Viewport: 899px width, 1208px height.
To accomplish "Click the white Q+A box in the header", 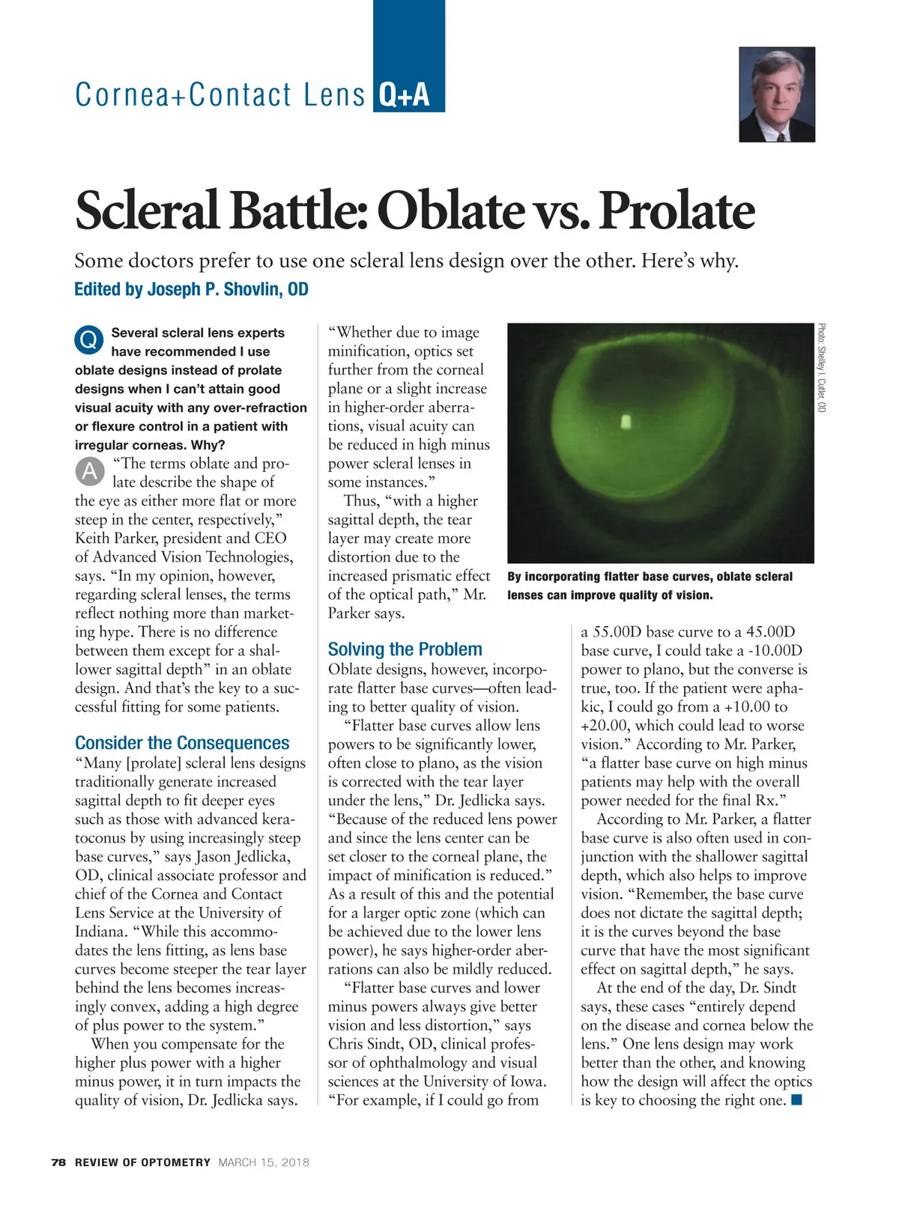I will click(x=405, y=95).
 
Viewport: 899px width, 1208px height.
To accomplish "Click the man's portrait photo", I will click(x=776, y=94).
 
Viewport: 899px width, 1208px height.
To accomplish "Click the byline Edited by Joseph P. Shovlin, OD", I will click(x=191, y=289).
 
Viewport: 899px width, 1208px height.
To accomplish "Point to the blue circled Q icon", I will click(x=88, y=340).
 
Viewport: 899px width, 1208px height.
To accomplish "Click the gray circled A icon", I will click(x=89, y=471).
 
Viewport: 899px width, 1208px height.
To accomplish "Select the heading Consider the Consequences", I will click(x=182, y=743).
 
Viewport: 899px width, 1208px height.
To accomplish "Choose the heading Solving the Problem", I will click(x=405, y=649).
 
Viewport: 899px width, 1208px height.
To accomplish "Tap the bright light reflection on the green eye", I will click(x=626, y=421).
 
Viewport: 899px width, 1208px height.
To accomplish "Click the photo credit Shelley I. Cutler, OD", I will click(x=822, y=368).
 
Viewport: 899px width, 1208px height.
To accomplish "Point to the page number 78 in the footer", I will click(x=58, y=1162).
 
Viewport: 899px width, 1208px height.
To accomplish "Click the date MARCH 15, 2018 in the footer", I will click(x=264, y=1162).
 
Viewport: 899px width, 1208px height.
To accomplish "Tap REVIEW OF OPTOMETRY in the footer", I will click(x=142, y=1162).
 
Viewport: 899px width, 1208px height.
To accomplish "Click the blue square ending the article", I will click(x=796, y=1099).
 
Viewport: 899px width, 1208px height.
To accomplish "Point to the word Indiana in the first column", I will click(x=102, y=932).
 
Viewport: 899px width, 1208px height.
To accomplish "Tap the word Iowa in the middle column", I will click(x=527, y=1081).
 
